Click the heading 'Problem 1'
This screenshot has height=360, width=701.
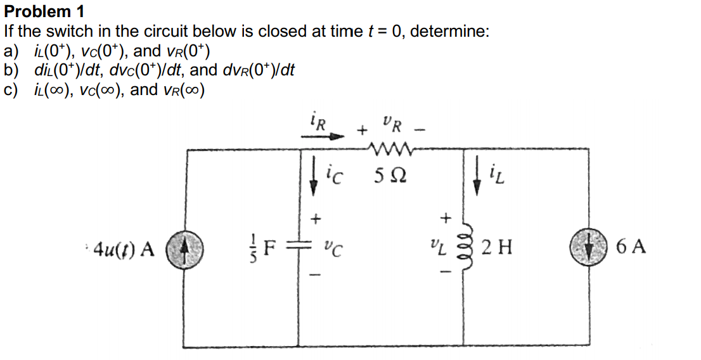tap(44, 11)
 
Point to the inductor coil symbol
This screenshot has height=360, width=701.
tap(466, 246)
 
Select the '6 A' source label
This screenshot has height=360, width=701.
tap(631, 246)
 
